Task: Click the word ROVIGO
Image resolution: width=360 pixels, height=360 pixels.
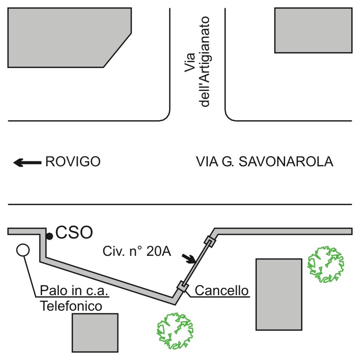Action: (x=73, y=162)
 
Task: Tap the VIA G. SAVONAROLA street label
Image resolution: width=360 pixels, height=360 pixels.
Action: (x=265, y=162)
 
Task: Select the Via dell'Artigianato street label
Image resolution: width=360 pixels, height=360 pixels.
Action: (x=196, y=62)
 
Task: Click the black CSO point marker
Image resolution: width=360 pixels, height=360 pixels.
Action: (x=49, y=236)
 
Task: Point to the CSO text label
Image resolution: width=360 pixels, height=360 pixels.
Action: (x=75, y=233)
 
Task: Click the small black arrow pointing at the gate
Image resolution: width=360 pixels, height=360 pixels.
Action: (x=189, y=259)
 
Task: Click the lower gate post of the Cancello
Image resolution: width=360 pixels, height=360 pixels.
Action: (x=181, y=286)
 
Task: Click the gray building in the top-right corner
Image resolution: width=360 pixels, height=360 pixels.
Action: (x=313, y=30)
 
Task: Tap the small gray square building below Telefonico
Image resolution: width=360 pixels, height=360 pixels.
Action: (x=95, y=333)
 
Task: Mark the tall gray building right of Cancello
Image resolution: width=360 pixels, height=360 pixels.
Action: (x=278, y=294)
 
